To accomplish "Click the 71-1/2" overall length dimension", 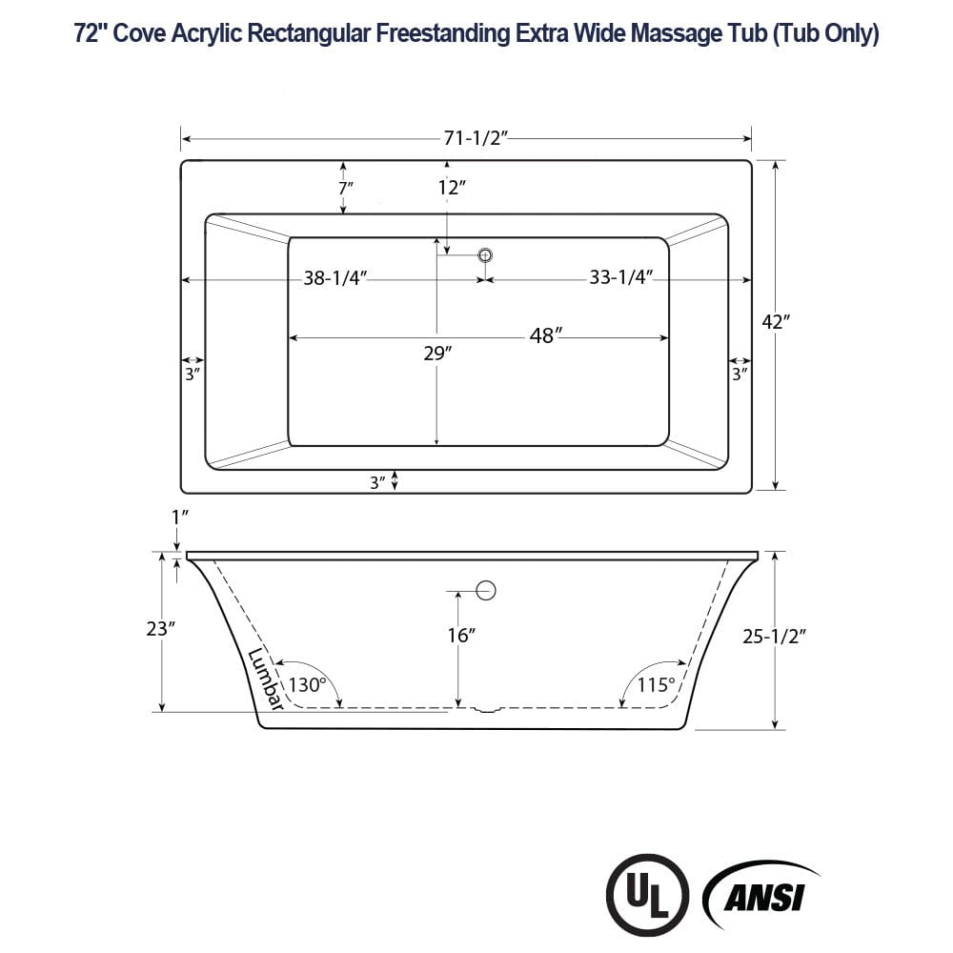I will pyautogui.click(x=474, y=138).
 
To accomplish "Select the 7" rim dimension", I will pyautogui.click(x=344, y=188).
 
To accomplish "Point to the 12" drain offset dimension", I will pyautogui.click(x=452, y=188).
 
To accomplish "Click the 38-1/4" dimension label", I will pyautogui.click(x=335, y=278).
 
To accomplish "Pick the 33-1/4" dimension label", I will pyautogui.click(x=620, y=277).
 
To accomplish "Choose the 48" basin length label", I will pyautogui.click(x=546, y=335).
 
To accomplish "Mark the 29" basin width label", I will pyautogui.click(x=437, y=354).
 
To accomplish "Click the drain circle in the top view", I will pyautogui.click(x=485, y=254).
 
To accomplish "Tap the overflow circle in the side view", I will pyautogui.click(x=486, y=590).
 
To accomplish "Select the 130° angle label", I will pyautogui.click(x=309, y=683).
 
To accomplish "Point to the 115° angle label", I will pyautogui.click(x=657, y=683).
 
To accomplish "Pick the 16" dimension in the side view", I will pyautogui.click(x=461, y=635).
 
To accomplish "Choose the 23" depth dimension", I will pyautogui.click(x=162, y=629).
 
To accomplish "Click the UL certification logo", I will pyautogui.click(x=649, y=893).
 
